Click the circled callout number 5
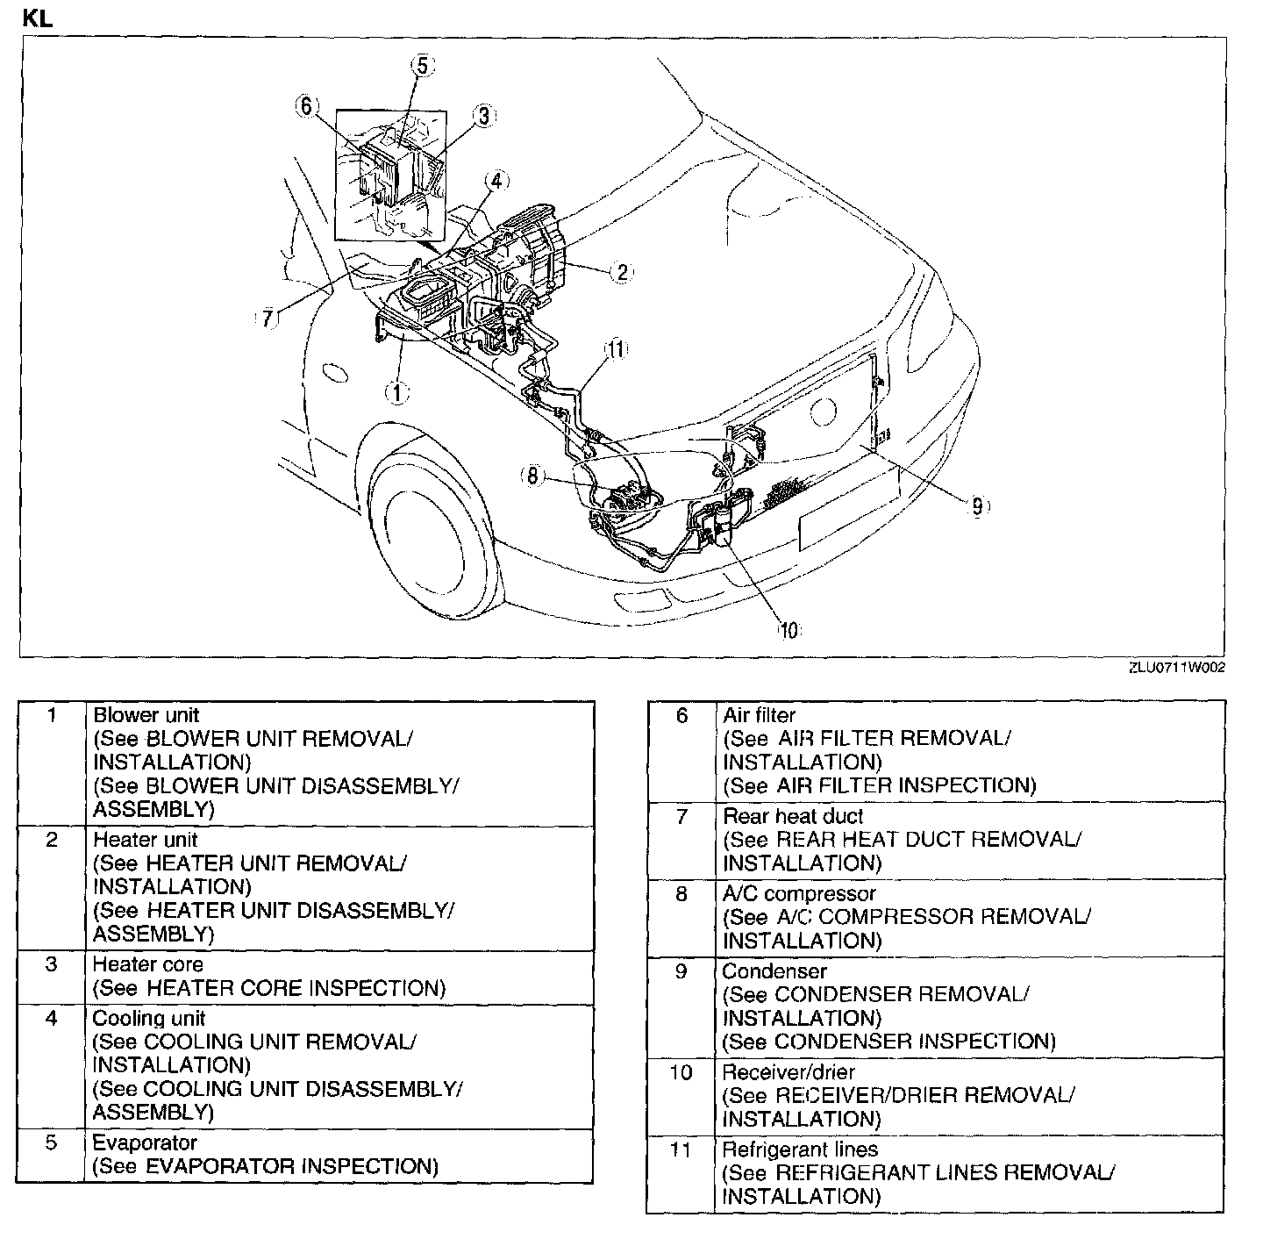click(x=422, y=66)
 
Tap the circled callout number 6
click(x=305, y=106)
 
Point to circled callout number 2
click(x=621, y=271)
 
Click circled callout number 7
click(x=268, y=318)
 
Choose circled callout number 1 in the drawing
click(x=398, y=392)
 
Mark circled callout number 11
click(x=617, y=349)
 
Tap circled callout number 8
click(x=533, y=476)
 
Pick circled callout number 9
click(x=977, y=505)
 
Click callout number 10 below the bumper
click(x=788, y=629)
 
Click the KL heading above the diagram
click(x=38, y=18)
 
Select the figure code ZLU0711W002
click(x=1177, y=668)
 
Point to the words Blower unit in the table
click(x=146, y=715)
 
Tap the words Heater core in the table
click(x=147, y=964)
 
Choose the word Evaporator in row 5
click(x=145, y=1142)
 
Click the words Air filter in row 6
click(x=759, y=715)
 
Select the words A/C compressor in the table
click(x=798, y=893)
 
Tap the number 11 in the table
click(x=681, y=1149)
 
